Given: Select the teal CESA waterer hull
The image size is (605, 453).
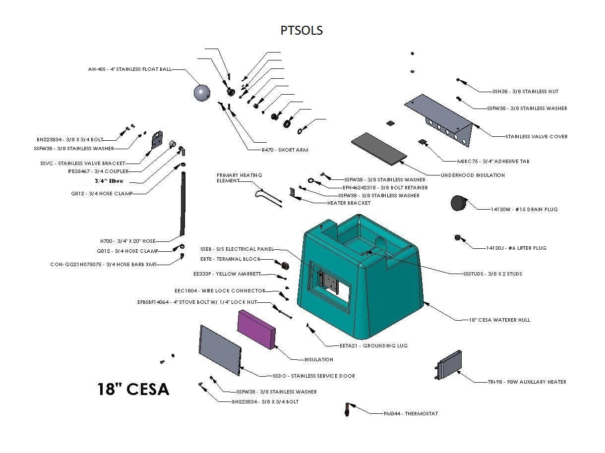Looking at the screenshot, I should click(362, 278).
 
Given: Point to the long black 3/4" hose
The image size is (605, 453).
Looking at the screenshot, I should click(182, 203).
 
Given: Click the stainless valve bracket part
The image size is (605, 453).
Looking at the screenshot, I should click(157, 140).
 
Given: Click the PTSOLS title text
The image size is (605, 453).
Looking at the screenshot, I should click(302, 30).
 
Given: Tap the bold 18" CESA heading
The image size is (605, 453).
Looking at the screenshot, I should click(133, 389).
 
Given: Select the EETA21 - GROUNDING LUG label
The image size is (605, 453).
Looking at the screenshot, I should click(366, 345).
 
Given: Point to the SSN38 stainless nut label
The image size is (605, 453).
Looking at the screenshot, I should click(526, 91).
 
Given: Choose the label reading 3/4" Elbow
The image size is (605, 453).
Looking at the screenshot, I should click(109, 181).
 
